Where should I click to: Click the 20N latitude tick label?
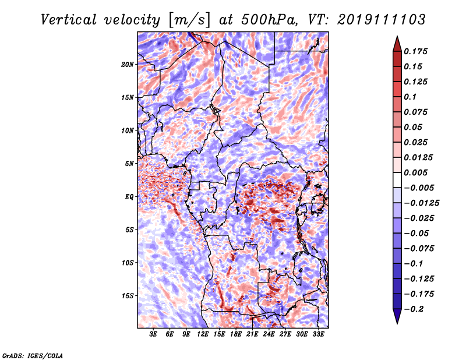(128, 65)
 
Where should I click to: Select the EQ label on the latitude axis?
(129, 197)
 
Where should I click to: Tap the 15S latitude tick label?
(128, 296)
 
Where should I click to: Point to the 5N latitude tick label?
(129, 164)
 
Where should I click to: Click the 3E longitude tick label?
(153, 334)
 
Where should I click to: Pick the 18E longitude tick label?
(236, 334)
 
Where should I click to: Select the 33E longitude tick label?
(318, 334)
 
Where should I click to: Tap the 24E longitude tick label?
(269, 334)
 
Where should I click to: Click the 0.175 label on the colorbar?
(415, 51)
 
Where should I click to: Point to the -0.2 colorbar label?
(414, 309)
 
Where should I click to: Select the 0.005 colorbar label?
(415, 172)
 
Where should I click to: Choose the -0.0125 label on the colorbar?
(421, 203)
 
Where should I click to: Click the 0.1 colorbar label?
(410, 97)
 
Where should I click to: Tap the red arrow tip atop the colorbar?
(397, 37)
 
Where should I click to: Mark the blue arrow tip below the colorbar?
(397, 323)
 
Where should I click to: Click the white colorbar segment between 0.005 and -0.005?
(397, 180)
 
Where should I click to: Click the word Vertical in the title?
(69, 20)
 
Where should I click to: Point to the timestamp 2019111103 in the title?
(382, 20)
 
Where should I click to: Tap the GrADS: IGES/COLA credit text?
(33, 355)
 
